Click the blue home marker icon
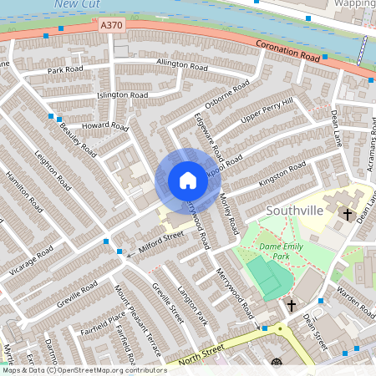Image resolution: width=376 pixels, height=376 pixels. click(187, 180)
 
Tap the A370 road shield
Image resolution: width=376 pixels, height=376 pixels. click(110, 26)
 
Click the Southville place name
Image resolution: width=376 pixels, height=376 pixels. click(294, 210)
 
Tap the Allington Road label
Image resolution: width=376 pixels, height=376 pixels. click(180, 65)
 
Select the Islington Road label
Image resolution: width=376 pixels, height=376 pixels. click(122, 95)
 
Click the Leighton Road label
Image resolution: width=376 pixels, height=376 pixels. click(53, 170)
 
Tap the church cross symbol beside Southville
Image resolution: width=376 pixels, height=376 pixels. click(348, 215)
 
